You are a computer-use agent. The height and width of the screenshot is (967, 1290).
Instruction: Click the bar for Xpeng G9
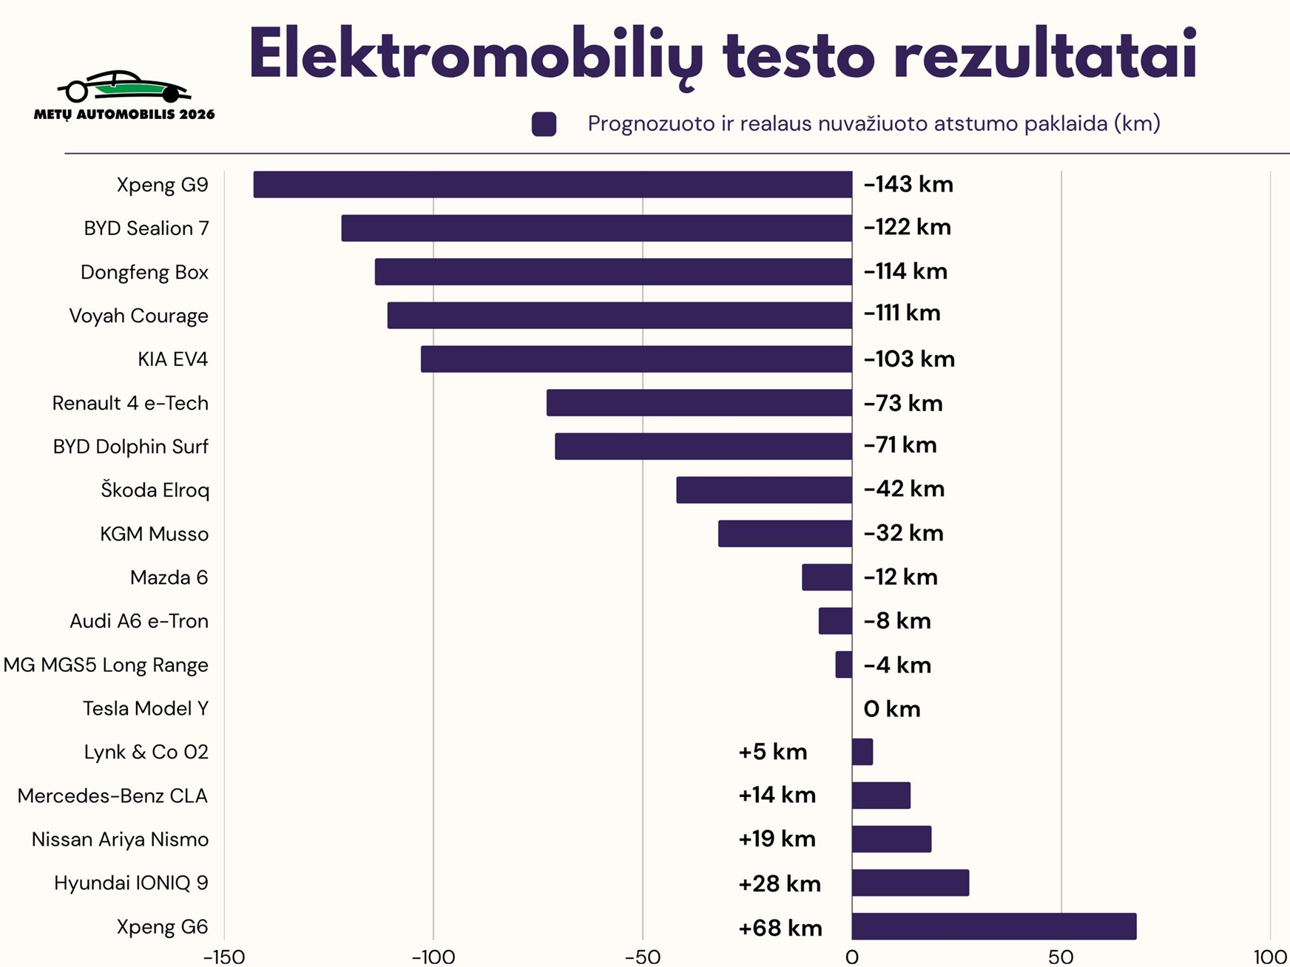(x=553, y=184)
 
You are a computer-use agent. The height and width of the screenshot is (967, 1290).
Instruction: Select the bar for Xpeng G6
(x=993, y=926)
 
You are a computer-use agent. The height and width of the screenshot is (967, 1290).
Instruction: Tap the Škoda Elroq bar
(x=764, y=489)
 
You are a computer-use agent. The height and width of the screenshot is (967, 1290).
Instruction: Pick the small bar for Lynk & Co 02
(x=862, y=752)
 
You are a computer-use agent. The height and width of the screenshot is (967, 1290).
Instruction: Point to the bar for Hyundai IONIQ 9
(x=910, y=883)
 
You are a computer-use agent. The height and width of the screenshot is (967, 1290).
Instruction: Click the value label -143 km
(x=908, y=184)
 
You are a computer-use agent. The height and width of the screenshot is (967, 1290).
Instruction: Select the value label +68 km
(x=780, y=928)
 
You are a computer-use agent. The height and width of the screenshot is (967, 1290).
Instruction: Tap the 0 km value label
(x=891, y=709)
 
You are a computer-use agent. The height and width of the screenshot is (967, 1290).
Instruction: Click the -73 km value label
(x=903, y=404)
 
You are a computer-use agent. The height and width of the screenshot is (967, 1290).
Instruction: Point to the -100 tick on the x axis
(x=433, y=957)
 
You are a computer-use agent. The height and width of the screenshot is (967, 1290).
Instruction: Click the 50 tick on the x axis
(x=1061, y=957)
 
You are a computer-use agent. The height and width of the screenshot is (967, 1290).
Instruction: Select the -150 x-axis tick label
(x=223, y=957)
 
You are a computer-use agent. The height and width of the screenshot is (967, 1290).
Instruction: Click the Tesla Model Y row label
(x=146, y=708)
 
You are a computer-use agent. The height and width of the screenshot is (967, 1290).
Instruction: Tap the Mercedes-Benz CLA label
(x=112, y=795)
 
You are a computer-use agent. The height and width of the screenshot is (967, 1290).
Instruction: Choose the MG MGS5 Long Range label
(x=106, y=665)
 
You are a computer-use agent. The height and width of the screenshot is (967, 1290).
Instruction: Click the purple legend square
(x=544, y=124)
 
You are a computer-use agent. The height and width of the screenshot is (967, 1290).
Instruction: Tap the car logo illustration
(x=124, y=86)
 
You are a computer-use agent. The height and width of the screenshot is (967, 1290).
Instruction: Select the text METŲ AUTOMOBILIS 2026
(x=124, y=115)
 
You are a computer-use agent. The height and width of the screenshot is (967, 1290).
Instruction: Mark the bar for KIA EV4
(x=636, y=359)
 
